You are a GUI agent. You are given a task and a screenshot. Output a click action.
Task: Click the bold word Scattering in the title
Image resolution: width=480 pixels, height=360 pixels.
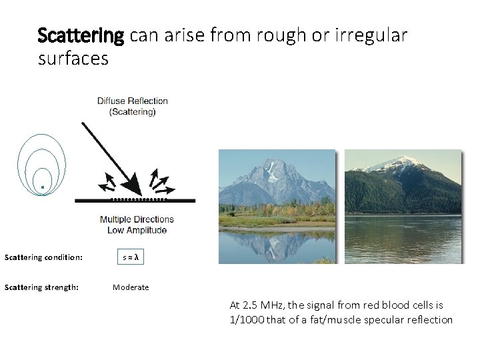pos(81,35)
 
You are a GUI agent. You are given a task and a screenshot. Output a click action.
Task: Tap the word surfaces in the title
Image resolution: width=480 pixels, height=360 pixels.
pos(73,59)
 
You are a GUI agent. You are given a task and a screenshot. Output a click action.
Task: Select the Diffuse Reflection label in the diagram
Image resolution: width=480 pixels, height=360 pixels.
pos(133,101)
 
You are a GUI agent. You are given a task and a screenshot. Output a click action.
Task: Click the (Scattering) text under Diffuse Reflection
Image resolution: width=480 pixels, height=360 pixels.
pos(133,112)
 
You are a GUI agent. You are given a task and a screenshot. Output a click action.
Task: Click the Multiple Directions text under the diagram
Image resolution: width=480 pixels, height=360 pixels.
pos(137,219)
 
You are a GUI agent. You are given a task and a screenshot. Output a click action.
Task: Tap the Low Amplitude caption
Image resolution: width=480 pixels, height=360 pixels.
pos(137,230)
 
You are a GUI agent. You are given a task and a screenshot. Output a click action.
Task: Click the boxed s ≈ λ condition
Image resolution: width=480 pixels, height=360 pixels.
pos(132,257)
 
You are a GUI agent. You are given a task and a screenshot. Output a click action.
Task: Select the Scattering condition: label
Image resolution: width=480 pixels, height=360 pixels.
pos(43,257)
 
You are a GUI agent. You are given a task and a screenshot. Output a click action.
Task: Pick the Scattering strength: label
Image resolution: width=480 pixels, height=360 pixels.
pos(41,287)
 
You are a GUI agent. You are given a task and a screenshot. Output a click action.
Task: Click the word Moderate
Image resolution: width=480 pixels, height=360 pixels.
pos(131,287)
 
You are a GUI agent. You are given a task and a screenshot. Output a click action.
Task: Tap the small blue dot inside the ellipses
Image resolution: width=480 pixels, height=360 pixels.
pos(42,187)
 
